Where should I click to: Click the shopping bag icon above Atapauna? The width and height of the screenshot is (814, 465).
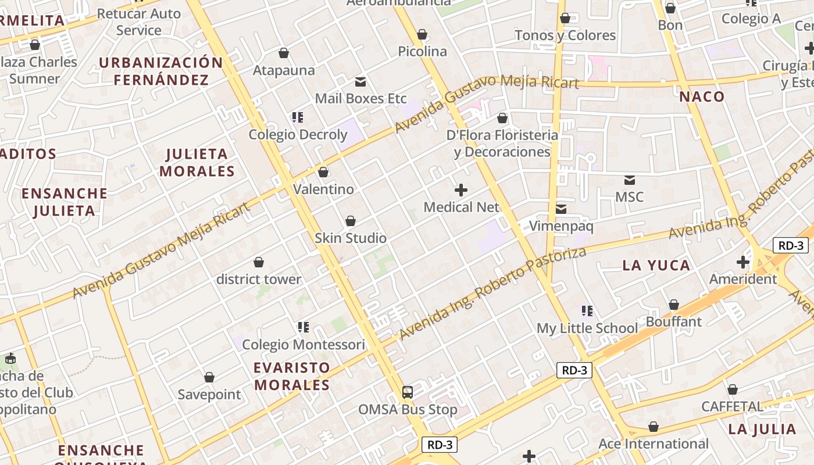click(284, 53)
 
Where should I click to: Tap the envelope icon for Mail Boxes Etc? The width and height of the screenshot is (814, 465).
click(360, 82)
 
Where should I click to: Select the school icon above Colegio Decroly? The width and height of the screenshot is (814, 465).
click(298, 118)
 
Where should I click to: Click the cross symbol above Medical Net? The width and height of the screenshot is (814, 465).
click(461, 190)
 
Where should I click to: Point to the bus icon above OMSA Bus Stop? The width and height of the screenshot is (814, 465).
click(408, 392)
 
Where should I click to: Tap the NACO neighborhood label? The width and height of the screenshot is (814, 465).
click(702, 97)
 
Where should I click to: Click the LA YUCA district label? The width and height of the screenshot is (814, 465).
click(656, 266)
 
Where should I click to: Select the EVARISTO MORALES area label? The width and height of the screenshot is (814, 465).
click(292, 376)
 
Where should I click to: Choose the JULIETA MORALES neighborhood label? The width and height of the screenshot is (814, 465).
click(197, 163)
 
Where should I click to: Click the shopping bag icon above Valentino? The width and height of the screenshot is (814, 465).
click(323, 173)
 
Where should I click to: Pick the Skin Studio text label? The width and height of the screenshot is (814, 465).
click(351, 238)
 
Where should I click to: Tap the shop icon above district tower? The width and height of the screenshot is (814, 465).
click(259, 263)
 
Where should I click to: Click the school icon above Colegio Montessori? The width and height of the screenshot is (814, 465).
click(303, 328)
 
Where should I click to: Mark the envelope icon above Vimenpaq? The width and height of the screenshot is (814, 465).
click(561, 209)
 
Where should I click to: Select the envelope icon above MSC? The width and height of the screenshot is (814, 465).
click(629, 180)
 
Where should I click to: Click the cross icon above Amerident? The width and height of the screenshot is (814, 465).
click(743, 262)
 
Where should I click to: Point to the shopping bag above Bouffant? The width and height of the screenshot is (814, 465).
click(674, 305)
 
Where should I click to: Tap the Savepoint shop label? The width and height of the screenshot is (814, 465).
click(209, 395)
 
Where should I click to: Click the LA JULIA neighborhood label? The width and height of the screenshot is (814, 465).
click(762, 430)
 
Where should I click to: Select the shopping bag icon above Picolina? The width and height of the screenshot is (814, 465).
click(423, 35)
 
